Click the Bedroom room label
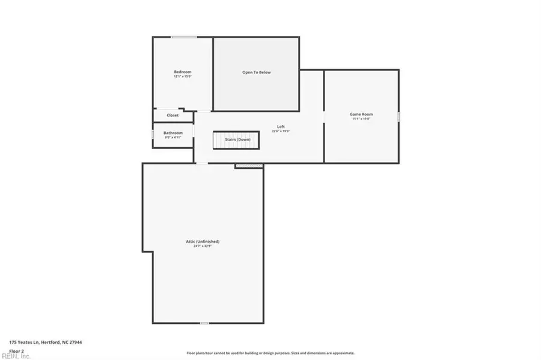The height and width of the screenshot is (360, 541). (182, 72)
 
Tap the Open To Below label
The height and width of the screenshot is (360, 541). (256, 73)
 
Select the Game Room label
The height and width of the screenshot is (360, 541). (361, 114)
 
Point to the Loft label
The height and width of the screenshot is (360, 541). (281, 126)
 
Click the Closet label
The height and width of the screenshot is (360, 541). (173, 115)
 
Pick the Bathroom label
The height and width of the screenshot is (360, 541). (173, 132)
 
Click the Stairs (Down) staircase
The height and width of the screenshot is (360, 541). (236, 140)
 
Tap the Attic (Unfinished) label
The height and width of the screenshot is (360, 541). (203, 242)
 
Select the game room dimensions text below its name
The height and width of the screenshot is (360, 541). (361, 119)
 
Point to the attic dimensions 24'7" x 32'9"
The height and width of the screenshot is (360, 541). (203, 246)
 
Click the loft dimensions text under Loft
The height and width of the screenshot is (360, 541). (281, 131)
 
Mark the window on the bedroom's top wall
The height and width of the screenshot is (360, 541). (183, 37)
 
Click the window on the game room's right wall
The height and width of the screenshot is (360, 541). (399, 117)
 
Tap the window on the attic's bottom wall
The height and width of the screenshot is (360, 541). (204, 323)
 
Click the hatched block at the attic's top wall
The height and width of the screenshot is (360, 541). (249, 165)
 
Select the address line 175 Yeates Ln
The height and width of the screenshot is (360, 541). (46, 342)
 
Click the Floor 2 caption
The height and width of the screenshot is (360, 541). (17, 350)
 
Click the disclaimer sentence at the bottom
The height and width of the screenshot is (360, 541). (270, 353)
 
